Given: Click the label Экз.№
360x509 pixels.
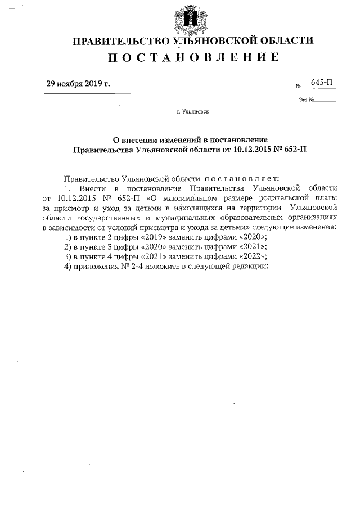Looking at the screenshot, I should click(306, 101).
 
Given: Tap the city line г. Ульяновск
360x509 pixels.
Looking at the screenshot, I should click(193, 112).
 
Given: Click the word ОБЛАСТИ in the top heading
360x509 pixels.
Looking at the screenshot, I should click(287, 40).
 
